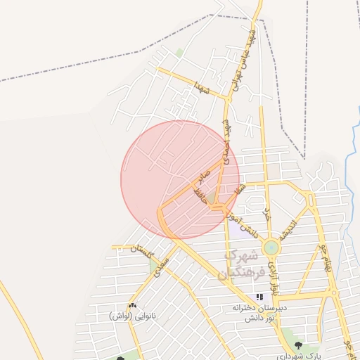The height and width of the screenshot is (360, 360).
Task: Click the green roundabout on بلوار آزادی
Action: (271, 247)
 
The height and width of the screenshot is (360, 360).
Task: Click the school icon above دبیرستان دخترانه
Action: (259, 297)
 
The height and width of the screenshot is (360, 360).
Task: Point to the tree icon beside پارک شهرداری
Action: (299, 346)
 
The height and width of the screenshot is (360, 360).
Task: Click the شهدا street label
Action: (203, 89)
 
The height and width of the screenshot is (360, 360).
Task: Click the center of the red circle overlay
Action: (180, 179)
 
